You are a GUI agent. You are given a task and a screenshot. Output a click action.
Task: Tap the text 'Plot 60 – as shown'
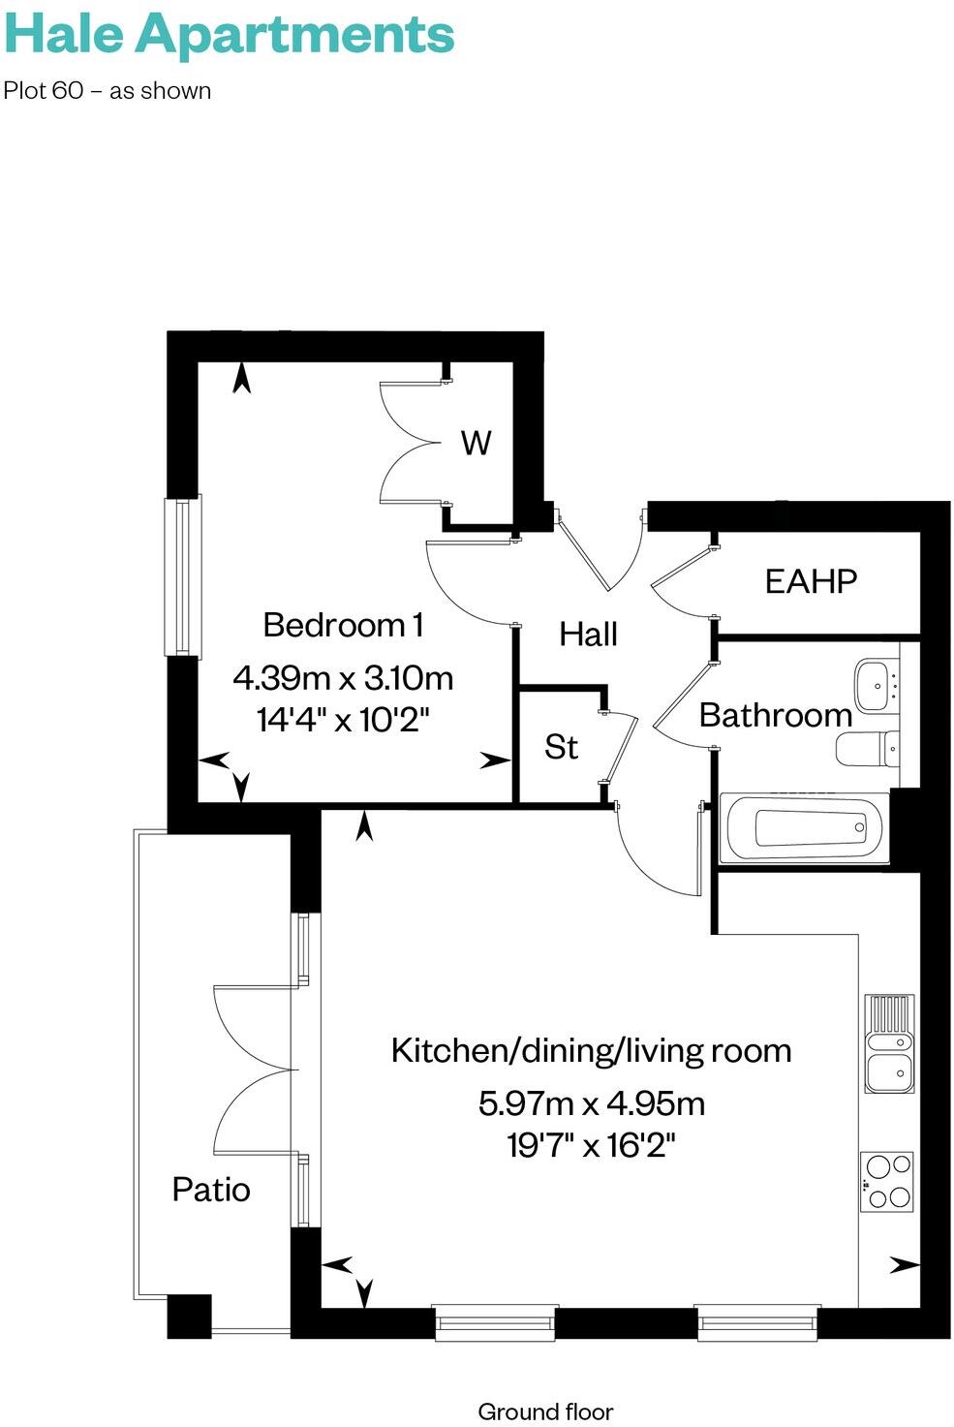(x=108, y=91)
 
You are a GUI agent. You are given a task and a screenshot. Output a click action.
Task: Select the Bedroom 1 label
(x=343, y=625)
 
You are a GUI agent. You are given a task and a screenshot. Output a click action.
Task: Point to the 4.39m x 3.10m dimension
(x=343, y=677)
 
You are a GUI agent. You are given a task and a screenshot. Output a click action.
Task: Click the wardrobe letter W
(x=476, y=443)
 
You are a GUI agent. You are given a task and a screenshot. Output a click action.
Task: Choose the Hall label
(x=588, y=635)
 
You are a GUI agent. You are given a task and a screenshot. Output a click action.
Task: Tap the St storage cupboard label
(x=561, y=747)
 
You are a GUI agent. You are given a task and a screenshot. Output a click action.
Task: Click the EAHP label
(x=811, y=581)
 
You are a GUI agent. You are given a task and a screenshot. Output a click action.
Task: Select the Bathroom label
(x=775, y=715)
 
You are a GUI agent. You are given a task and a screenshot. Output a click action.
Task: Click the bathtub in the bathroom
(x=805, y=828)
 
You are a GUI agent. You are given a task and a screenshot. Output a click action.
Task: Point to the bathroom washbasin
(x=877, y=686)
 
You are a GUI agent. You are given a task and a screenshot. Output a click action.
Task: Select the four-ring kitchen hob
(x=887, y=1181)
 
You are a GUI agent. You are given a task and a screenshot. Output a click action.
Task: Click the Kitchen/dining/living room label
(x=591, y=1050)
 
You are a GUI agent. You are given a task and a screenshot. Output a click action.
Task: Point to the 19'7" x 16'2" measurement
(x=591, y=1146)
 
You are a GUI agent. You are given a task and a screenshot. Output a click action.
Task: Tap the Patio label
(x=211, y=1189)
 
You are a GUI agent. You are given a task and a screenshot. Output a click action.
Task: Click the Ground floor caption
(x=545, y=1411)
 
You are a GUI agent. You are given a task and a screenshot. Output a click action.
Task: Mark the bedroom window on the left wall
(x=182, y=577)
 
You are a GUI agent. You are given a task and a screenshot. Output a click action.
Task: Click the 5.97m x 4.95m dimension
(x=591, y=1102)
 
